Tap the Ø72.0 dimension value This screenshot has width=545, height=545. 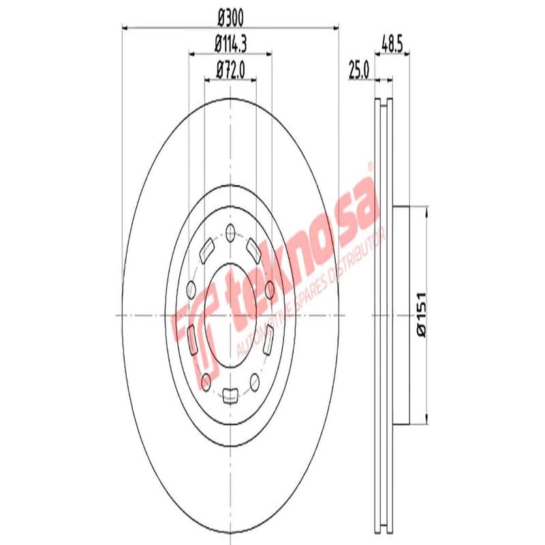[x=230, y=68]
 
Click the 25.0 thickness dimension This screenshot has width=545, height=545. [x=358, y=69]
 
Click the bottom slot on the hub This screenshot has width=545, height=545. [x=230, y=393]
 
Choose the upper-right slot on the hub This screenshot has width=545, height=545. [x=255, y=247]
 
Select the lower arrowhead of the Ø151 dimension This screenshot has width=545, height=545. [x=426, y=420]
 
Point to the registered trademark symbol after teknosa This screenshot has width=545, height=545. [x=370, y=166]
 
